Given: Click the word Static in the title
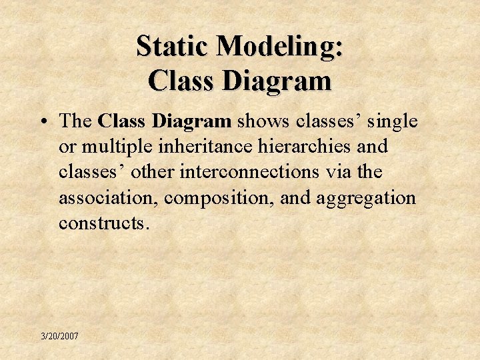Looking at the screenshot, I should click(x=173, y=47).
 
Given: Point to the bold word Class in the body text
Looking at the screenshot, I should click(x=123, y=121).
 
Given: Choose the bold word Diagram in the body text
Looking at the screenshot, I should click(x=192, y=121).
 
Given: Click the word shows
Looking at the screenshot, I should click(x=263, y=121).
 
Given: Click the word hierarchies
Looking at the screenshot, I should click(x=312, y=147).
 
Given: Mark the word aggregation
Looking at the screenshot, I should click(x=363, y=198).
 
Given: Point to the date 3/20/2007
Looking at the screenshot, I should click(x=59, y=337).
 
